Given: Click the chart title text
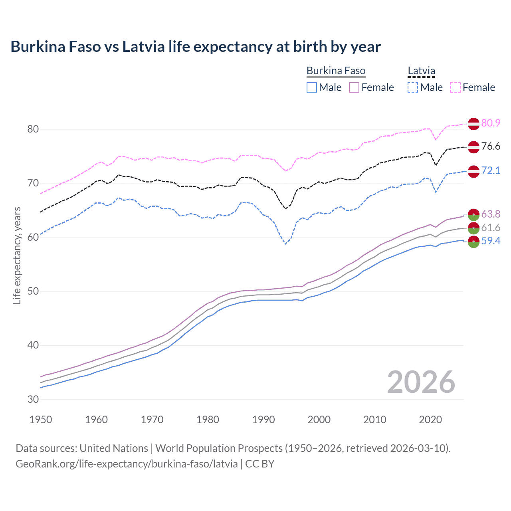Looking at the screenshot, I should point(196,47).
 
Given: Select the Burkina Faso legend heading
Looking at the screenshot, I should point(336,71).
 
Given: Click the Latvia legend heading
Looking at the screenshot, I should point(421,71).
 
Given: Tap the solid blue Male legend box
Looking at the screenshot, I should point(312,87).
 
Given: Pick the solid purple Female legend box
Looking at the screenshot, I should point(355,87).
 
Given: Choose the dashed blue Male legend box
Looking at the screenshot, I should point(413,87).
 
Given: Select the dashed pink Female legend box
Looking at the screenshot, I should point(456,87).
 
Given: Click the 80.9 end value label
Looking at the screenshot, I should point(491,123).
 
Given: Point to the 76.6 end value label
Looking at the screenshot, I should point(491,147).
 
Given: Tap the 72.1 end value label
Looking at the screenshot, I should point(491,171).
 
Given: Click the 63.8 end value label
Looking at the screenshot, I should point(491,214).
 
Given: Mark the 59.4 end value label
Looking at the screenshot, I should point(491,241).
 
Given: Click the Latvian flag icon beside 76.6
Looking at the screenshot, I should point(473,147).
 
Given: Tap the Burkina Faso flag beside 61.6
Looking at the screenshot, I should point(473,228).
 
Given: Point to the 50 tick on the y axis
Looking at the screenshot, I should point(33,291).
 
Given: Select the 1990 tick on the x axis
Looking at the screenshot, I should point(263,420).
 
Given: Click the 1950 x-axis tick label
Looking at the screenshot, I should point(41,420).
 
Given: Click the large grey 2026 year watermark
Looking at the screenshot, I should point(421,382).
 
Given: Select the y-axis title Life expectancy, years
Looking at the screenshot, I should point(17,255).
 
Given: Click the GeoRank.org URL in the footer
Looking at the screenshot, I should point(127,464).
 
